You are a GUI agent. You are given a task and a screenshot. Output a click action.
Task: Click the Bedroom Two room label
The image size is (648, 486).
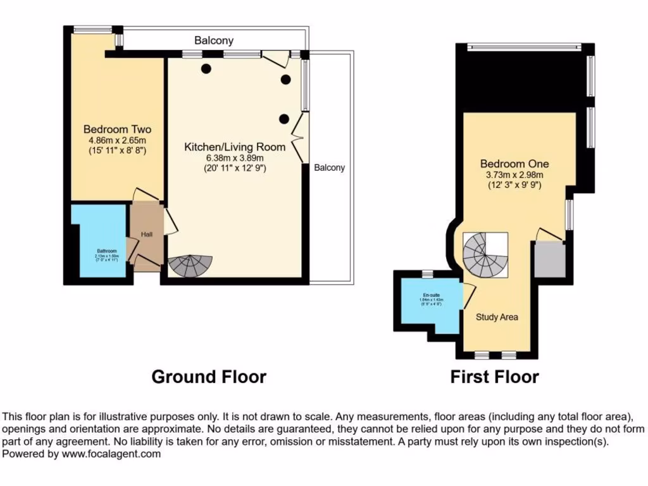[117, 129]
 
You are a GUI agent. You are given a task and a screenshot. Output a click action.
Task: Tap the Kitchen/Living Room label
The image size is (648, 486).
[234, 147]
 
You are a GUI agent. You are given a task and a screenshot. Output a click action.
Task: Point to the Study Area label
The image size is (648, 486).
[497, 316]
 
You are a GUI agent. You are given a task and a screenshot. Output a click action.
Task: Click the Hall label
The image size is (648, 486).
[146, 235]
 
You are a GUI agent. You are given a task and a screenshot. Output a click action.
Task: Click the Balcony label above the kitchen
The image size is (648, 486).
[214, 40]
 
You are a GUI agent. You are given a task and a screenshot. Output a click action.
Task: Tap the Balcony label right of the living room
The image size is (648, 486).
[330, 168]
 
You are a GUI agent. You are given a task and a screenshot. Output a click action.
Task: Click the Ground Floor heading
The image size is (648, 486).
[209, 377]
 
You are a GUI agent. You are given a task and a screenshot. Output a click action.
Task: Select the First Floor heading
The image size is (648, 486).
[494, 378]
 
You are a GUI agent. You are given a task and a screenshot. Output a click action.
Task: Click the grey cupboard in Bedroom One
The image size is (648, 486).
[548, 259]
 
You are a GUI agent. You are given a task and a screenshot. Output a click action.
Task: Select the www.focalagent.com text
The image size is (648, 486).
[111, 454]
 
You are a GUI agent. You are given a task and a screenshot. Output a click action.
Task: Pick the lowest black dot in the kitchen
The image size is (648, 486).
[284, 118]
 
